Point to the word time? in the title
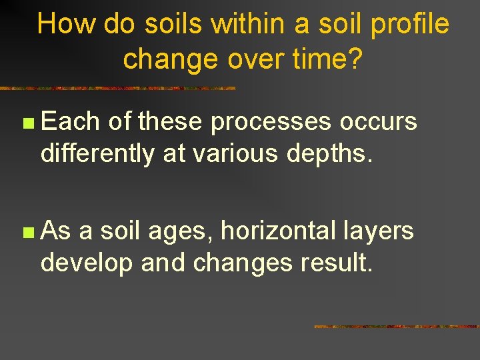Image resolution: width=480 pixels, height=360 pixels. [328, 59]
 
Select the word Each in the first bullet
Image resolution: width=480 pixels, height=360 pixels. [70, 122]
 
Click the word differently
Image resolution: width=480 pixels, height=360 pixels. [97, 154]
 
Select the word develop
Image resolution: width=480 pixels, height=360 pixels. [88, 264]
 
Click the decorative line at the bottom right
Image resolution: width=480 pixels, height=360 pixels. [396, 327]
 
